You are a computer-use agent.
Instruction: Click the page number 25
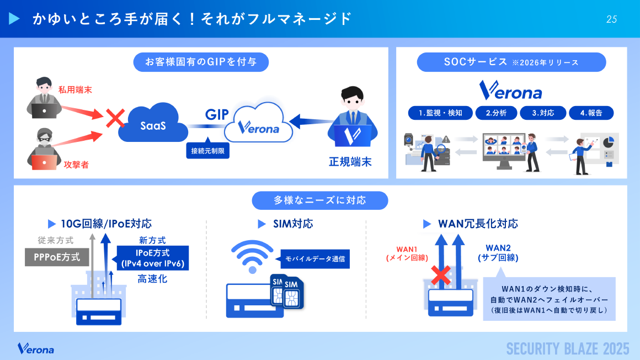[611, 19]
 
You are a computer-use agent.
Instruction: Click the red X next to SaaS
[115, 117]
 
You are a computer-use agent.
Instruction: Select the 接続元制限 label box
[207, 150]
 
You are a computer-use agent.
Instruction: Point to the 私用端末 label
[75, 89]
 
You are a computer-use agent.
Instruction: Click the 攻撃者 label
[76, 164]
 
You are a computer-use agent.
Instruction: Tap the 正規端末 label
[350, 162]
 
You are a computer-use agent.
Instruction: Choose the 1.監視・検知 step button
[440, 113]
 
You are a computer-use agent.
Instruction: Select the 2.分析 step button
[496, 113]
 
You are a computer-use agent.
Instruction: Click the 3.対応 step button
[543, 113]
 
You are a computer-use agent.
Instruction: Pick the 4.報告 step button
[591, 113]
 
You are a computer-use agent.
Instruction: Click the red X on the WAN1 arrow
[440, 274]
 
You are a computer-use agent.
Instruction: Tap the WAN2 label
[498, 252]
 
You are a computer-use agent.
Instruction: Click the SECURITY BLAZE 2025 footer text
[568, 349]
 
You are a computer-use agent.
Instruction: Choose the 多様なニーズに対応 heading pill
[320, 200]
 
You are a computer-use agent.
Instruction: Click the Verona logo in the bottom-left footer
[36, 349]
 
